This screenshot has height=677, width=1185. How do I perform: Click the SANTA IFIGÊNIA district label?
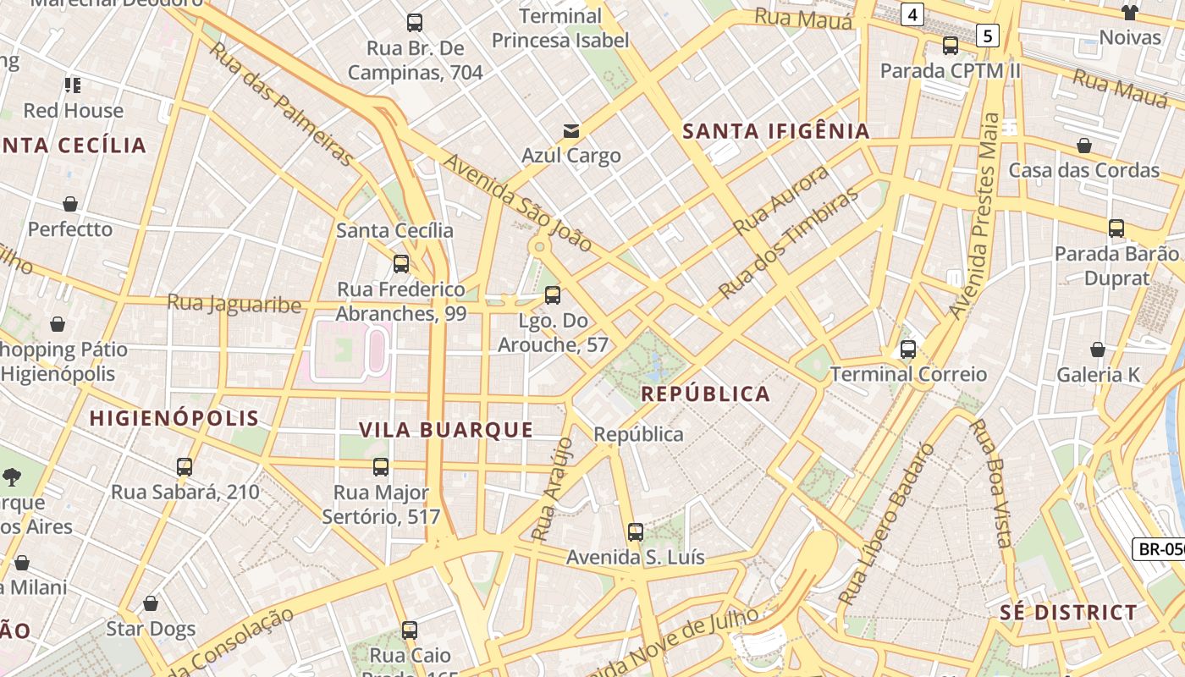click(x=776, y=131)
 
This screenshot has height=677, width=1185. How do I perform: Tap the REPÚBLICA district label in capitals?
click(x=705, y=394)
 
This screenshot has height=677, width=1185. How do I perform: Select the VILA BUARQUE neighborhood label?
click(x=446, y=430)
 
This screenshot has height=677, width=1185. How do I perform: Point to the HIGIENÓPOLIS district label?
click(x=174, y=418)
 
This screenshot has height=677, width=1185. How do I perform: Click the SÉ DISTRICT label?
click(x=1068, y=613)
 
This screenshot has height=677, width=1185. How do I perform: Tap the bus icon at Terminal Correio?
click(x=908, y=349)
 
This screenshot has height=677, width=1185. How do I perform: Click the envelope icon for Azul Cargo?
click(x=571, y=130)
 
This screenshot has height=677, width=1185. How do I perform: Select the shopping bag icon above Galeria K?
click(x=1098, y=350)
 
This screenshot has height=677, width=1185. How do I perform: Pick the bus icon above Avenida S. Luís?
click(x=636, y=532)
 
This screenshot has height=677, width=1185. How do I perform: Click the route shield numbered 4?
click(x=912, y=14)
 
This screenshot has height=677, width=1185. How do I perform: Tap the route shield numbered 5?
click(x=987, y=36)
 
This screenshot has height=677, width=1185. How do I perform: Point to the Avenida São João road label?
click(x=518, y=203)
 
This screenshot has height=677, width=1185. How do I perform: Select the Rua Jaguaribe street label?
click(x=234, y=303)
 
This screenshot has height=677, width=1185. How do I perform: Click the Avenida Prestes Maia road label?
click(x=975, y=217)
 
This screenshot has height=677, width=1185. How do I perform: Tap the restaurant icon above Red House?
click(x=73, y=85)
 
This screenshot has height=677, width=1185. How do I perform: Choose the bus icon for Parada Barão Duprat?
click(x=1116, y=228)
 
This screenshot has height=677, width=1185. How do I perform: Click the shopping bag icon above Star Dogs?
click(x=151, y=603)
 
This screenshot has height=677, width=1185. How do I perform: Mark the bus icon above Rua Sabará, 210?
click(x=185, y=466)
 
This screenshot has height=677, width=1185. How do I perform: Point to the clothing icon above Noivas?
click(x=1130, y=12)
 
